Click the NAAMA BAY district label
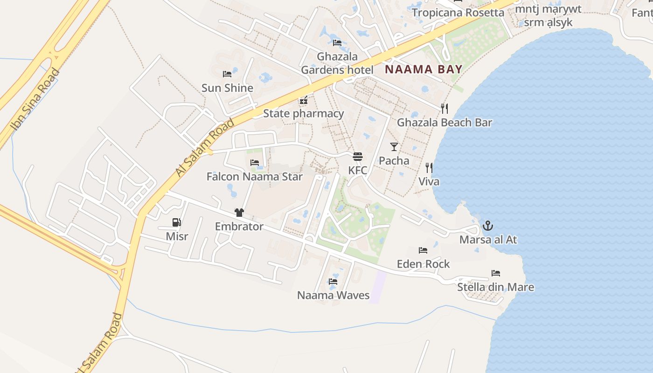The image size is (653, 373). (x=424, y=69)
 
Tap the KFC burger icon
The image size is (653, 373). (x=358, y=156)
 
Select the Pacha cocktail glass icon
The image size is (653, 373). (x=394, y=147)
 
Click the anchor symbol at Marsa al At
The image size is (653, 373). (x=488, y=226)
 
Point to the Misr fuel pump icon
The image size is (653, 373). (x=177, y=222)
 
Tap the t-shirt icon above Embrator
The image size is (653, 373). (x=239, y=213)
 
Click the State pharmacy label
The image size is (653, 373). (x=303, y=113)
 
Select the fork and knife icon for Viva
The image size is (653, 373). (x=429, y=168)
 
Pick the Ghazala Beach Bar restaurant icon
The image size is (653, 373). (x=445, y=109)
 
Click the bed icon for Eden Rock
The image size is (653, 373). (x=423, y=250)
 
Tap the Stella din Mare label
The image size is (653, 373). (x=495, y=287)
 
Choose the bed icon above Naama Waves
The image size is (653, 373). (x=333, y=282)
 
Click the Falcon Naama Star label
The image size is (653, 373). (x=255, y=177)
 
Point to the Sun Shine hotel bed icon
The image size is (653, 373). (x=227, y=74)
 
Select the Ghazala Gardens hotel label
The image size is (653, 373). (x=337, y=63)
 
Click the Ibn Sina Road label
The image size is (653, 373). (x=35, y=99)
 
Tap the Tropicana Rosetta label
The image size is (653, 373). (x=458, y=13)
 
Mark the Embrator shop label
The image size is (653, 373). (x=239, y=227)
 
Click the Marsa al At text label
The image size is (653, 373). (x=488, y=240)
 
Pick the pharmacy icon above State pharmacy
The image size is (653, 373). (x=304, y=100)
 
